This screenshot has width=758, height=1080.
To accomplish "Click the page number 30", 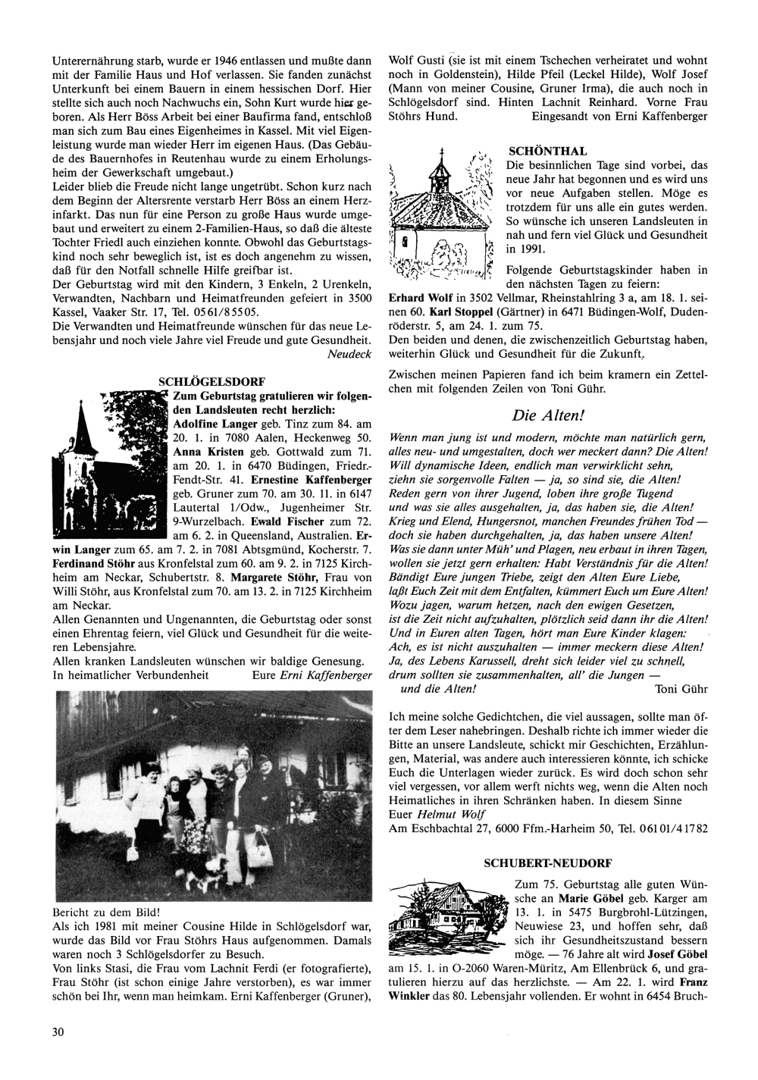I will (x=58, y=1031).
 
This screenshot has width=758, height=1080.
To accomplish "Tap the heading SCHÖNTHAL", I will (x=537, y=152).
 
